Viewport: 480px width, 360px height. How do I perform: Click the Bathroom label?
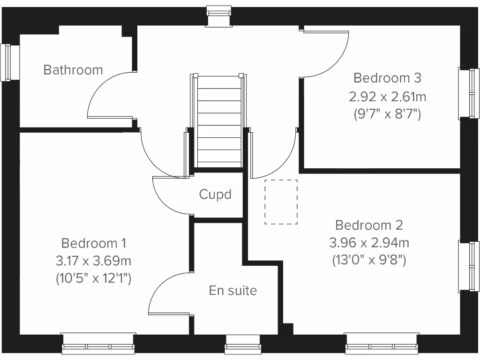click(x=73, y=70)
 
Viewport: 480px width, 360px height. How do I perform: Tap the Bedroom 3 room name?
click(x=387, y=77)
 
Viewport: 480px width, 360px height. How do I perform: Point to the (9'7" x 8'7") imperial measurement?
click(x=387, y=114)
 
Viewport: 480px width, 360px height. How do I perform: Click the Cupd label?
click(x=215, y=194)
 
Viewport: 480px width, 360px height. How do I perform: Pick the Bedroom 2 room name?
click(x=369, y=225)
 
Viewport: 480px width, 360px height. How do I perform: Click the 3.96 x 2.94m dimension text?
click(x=369, y=243)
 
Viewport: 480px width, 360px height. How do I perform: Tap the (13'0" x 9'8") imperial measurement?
click(x=369, y=259)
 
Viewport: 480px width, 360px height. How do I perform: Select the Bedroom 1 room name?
click(x=93, y=243)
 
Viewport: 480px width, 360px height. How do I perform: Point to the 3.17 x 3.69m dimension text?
click(x=93, y=261)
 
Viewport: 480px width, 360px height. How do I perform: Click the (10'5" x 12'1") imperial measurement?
click(x=93, y=278)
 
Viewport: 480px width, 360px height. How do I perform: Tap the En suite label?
click(x=232, y=291)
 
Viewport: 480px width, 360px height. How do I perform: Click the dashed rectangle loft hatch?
click(x=281, y=202)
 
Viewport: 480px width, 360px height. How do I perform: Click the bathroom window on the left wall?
click(x=7, y=62)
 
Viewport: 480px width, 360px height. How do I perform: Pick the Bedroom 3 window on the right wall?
click(x=469, y=93)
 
